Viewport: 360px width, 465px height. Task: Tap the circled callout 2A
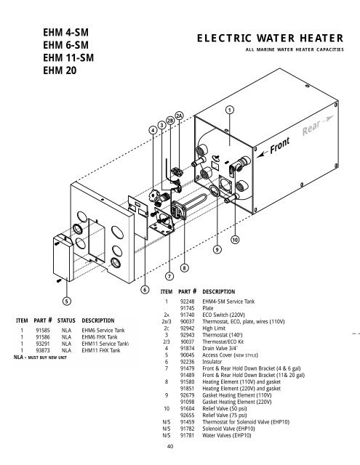pyautogui.click(x=179, y=116)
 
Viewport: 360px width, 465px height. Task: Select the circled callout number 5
pyautogui.click(x=66, y=300)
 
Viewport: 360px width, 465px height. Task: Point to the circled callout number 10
pyautogui.click(x=236, y=239)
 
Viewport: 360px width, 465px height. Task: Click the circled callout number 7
pyautogui.click(x=169, y=276)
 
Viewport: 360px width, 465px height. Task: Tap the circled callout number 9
pyautogui.click(x=217, y=250)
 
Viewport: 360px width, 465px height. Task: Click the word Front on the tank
pyautogui.click(x=280, y=148)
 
